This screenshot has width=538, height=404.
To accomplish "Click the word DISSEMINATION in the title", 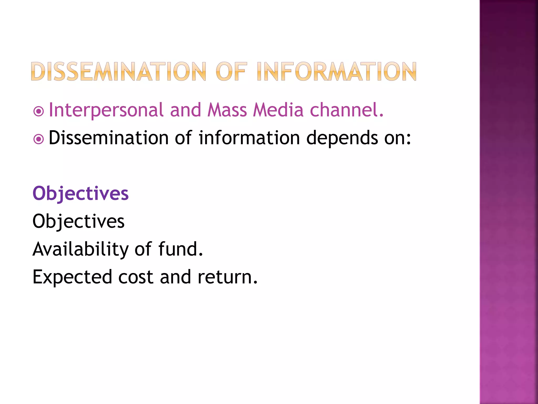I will point(118,72).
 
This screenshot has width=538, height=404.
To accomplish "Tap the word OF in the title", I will point(231,72).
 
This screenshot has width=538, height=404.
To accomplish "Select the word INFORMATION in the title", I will point(337,72).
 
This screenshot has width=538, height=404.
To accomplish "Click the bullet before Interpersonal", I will point(39,112).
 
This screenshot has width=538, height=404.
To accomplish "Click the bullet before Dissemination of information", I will point(39,139).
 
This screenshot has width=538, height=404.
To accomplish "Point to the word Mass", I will point(227,110).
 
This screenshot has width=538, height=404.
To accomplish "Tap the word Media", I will point(278,110).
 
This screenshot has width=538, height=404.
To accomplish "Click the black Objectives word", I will point(78,221).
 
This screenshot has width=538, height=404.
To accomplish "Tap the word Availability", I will point(80,249).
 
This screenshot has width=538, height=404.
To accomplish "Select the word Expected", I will point(72,277).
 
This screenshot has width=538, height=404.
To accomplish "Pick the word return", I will point(227,277).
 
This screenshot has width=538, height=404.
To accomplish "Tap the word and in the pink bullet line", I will point(185,110).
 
